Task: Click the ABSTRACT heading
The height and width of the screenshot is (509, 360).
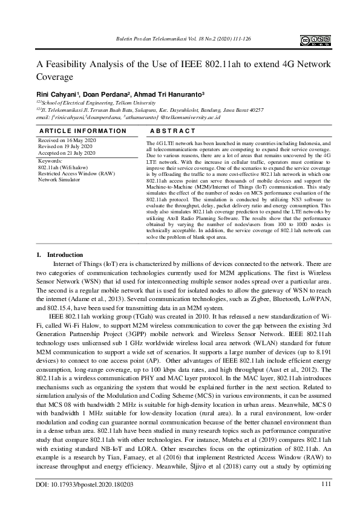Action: point(172,131)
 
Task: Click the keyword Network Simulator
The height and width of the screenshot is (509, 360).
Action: point(60,180)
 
